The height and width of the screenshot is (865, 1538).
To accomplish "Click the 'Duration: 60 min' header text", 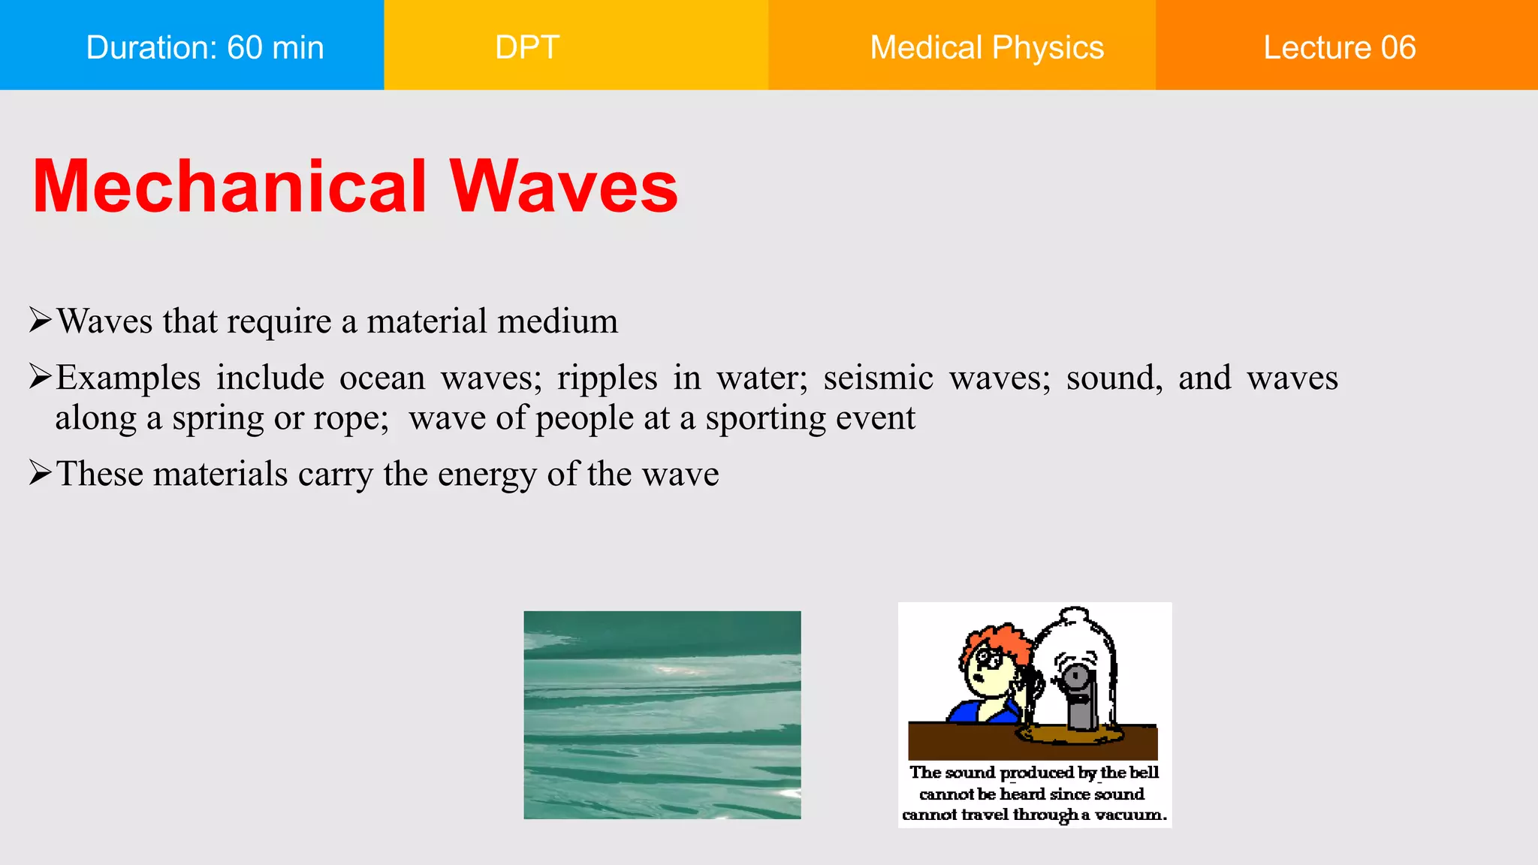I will (204, 47).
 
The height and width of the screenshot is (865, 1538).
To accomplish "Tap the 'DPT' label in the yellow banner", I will (527, 47).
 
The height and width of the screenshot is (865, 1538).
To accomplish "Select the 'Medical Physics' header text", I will (986, 47).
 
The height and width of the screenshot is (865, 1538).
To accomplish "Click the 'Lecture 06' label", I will (1339, 47).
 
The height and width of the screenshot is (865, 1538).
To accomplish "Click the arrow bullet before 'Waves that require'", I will (40, 320).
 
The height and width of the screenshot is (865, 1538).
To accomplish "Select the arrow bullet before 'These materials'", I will (40, 473).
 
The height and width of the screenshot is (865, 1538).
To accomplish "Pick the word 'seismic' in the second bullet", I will (878, 377).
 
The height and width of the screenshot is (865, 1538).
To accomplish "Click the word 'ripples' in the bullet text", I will (607, 378).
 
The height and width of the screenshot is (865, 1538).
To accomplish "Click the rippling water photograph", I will (662, 715).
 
